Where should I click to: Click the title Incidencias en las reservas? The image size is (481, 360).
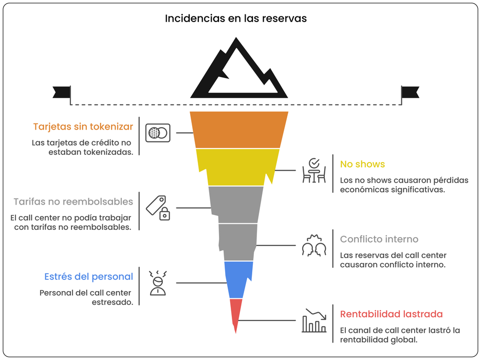pos(235,19)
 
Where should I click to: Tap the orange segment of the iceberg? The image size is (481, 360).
pos(238,130)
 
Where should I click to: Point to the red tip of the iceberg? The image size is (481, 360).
pos(235,313)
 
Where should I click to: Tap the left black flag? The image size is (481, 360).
pos(62,92)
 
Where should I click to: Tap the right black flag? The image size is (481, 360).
pos(410,92)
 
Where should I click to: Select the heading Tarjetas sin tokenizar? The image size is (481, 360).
pos(83,127)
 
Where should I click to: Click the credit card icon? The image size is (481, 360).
pos(158,133)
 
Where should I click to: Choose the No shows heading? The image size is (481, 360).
pos(362,164)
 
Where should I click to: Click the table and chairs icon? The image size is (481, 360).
pos(314,171)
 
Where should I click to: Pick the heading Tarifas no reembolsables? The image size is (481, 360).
pos(73,202)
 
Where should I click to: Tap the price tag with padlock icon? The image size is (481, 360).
pos(158,208)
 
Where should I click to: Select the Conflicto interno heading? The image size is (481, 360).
pos(379,239)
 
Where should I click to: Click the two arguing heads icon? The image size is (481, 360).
pos(314,245)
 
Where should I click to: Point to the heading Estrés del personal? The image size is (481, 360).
pos(89,277)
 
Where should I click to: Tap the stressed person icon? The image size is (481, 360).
pos(158,283)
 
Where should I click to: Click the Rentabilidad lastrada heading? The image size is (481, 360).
pos(392,314)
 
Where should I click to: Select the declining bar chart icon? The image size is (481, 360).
pos(314,320)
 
